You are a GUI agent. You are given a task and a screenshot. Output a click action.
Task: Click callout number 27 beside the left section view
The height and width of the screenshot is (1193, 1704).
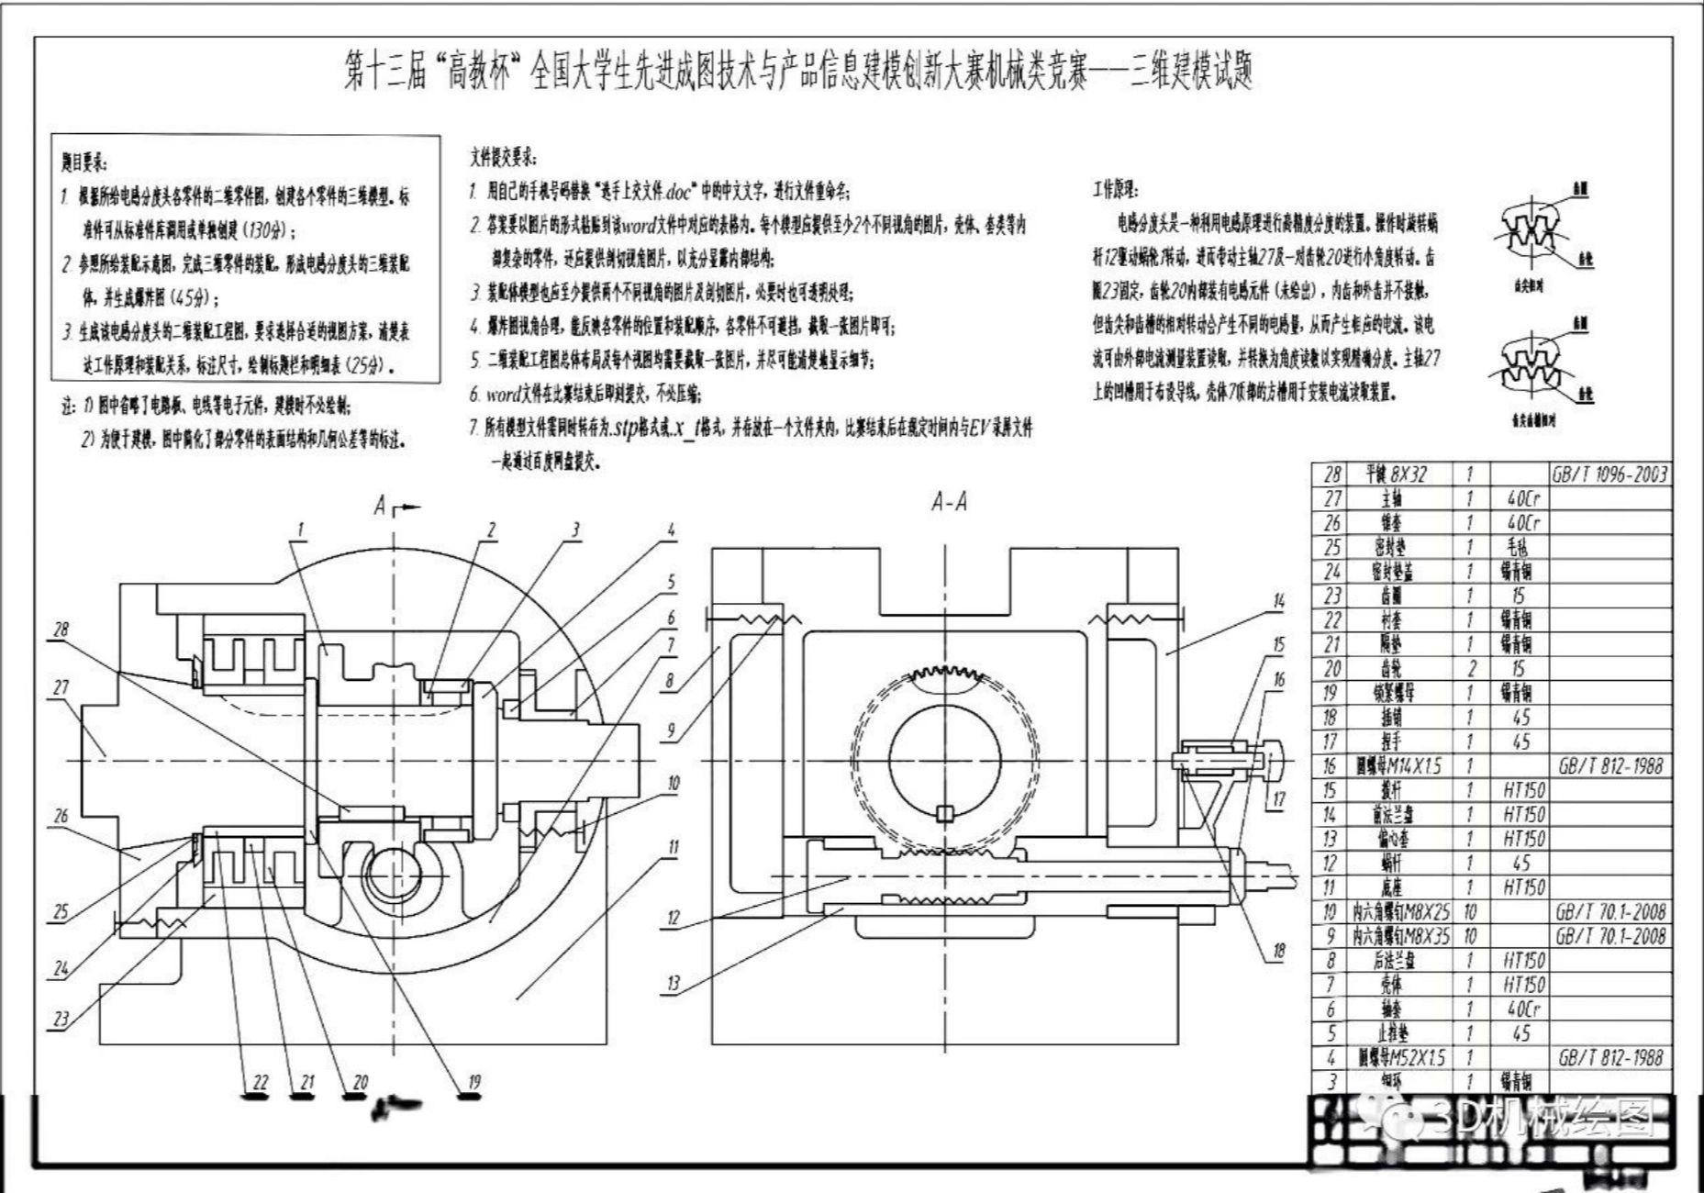61,687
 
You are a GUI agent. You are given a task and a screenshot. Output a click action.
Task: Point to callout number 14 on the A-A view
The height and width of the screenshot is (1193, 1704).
1279,601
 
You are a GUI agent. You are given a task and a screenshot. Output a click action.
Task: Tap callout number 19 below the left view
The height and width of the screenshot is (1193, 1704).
473,1082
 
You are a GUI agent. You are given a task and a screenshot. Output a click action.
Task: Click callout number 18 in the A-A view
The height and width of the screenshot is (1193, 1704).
1279,952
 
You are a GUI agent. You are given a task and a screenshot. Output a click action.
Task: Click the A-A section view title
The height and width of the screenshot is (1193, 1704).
949,502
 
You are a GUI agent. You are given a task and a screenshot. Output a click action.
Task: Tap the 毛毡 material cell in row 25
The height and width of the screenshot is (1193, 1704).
1519,547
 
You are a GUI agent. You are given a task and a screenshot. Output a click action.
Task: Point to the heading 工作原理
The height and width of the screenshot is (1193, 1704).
1116,190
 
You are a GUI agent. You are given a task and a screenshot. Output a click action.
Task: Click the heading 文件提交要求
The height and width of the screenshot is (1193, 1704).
503,158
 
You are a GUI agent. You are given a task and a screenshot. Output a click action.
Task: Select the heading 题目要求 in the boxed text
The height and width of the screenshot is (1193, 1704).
84,163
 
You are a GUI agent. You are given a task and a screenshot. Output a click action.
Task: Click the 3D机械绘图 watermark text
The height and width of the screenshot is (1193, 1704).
1542,1117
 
